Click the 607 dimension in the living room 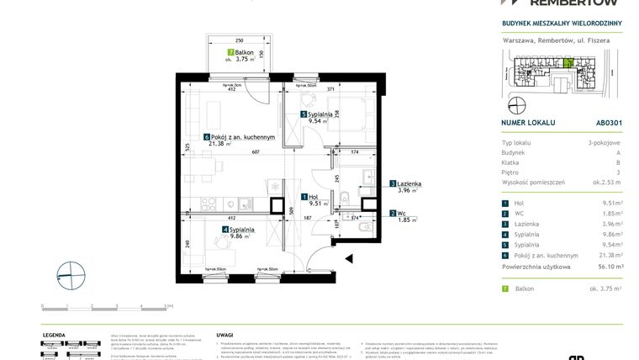coord(255,151)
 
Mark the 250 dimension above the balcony coord(239,40)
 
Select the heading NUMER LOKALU coord(527,122)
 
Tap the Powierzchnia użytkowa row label coord(536,266)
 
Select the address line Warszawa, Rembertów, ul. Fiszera coord(545,40)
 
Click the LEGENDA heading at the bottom coord(54,334)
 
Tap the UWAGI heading coord(224,334)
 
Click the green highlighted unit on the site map coord(568,61)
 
